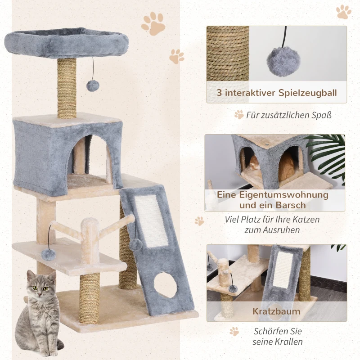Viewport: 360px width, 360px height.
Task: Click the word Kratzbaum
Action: [276, 311]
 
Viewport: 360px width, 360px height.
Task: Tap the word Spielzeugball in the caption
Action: [308, 93]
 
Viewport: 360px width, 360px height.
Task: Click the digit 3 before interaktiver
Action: [220, 93]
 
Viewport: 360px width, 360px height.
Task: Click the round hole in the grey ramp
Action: [166, 285]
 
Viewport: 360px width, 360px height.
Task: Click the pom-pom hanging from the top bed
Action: [93, 85]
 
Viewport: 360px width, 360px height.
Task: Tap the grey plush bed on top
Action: [66, 42]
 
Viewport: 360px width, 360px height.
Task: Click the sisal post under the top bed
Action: [67, 88]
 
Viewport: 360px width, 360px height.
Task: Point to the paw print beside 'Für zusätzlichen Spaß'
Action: [239, 115]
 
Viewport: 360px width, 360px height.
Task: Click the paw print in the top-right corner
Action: [344, 12]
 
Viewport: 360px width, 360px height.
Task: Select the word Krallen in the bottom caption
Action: [290, 342]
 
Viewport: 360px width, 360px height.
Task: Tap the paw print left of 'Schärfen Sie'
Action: [234, 332]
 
